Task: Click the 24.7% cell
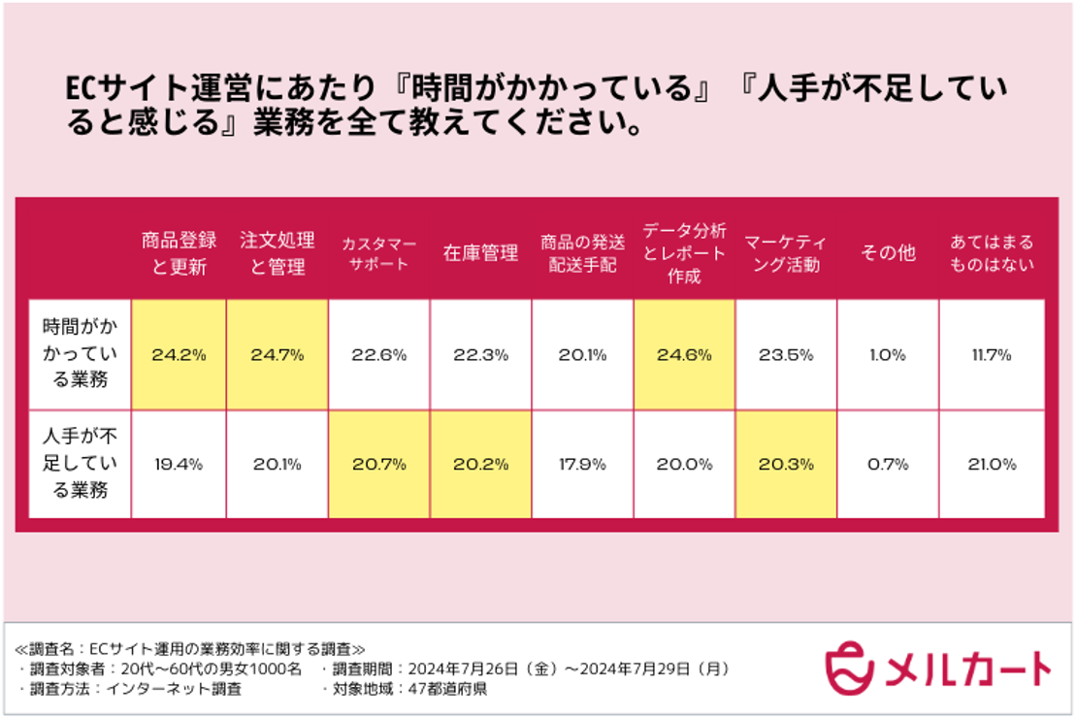click(x=277, y=355)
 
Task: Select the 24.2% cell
click(x=179, y=355)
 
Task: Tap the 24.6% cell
click(x=683, y=355)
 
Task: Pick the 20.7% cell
click(x=378, y=465)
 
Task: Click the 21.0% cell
click(x=992, y=465)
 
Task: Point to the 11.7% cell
click(x=992, y=355)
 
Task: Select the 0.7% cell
click(x=887, y=465)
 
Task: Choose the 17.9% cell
click(x=582, y=465)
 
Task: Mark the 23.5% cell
click(x=785, y=355)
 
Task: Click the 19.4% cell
click(x=179, y=465)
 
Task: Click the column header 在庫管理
click(x=480, y=253)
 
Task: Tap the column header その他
click(x=887, y=253)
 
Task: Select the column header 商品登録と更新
click(x=179, y=253)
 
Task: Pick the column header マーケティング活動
click(x=785, y=253)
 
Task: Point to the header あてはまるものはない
click(x=992, y=253)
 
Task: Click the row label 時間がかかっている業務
click(x=75, y=355)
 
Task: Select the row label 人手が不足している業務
click(x=75, y=465)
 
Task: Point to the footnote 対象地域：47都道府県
click(x=404, y=689)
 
